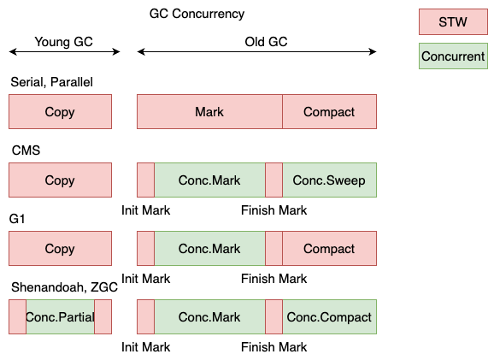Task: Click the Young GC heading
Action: [x=63, y=42]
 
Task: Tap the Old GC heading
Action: [x=266, y=42]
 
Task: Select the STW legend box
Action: [x=452, y=22]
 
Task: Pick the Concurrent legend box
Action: [x=452, y=56]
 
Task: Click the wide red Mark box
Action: [x=209, y=112]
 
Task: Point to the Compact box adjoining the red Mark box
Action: [x=329, y=112]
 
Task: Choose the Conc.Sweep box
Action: [x=329, y=180]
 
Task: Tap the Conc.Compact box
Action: [x=329, y=317]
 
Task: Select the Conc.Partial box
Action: [x=60, y=317]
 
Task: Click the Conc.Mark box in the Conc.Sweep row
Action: [x=209, y=180]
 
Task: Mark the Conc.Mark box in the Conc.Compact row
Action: [x=209, y=317]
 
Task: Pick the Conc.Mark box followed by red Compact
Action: [x=209, y=249]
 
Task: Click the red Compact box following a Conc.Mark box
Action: [x=329, y=249]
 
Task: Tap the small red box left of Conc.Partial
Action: [x=17, y=317]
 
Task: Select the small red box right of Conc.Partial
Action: [x=103, y=317]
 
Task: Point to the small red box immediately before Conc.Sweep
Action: [x=273, y=180]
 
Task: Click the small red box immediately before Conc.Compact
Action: [x=273, y=317]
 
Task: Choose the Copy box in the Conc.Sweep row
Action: [x=60, y=180]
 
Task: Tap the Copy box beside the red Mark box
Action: [x=60, y=112]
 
